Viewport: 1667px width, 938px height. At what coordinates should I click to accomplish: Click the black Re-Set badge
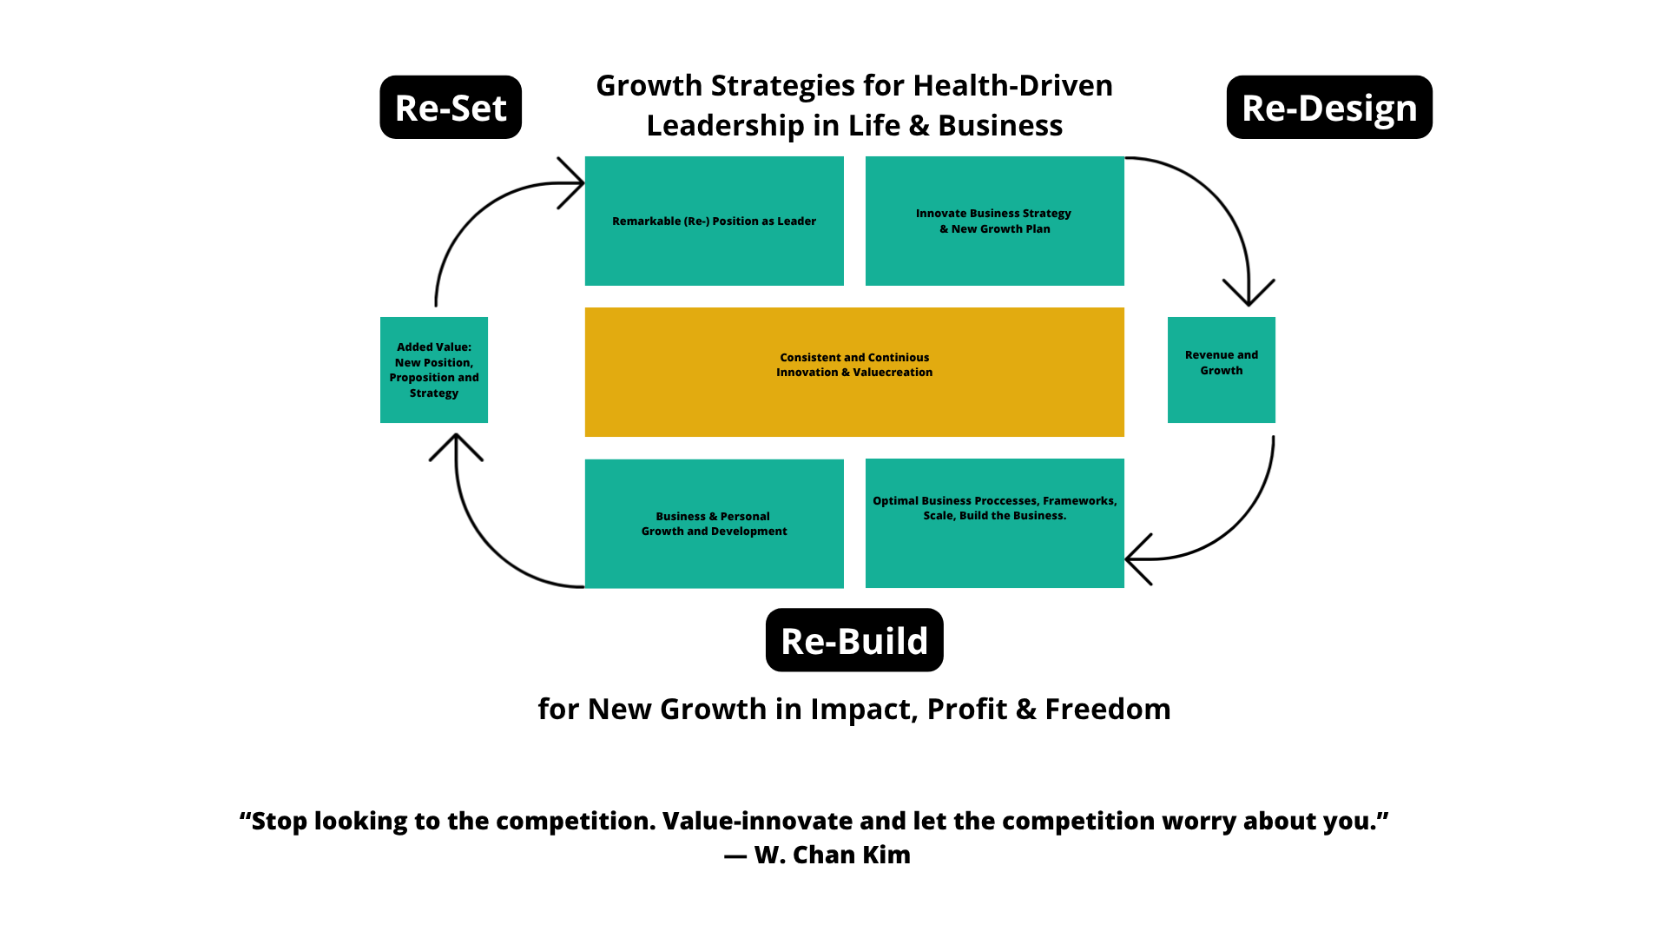451,107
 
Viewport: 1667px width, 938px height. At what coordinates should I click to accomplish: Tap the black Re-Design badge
1329,107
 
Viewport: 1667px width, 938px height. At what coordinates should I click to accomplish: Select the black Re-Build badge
854,640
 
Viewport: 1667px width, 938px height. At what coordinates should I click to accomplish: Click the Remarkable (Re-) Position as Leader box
715,221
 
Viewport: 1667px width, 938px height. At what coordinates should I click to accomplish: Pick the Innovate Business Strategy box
995,221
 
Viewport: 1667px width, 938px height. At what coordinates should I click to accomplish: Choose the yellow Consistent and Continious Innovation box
854,372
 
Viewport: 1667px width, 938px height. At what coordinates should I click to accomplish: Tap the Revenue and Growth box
1222,370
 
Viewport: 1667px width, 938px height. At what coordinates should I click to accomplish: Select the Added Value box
434,370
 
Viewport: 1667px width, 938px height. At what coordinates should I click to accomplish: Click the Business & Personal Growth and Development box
715,524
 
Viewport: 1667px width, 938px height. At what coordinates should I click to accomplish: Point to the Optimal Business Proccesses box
995,524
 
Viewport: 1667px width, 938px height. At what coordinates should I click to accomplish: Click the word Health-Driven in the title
1013,85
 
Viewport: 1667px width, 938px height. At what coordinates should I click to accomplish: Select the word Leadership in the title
726,126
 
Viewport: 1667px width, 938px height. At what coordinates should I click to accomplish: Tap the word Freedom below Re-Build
1108,709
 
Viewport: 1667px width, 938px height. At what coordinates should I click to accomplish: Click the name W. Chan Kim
833,855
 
